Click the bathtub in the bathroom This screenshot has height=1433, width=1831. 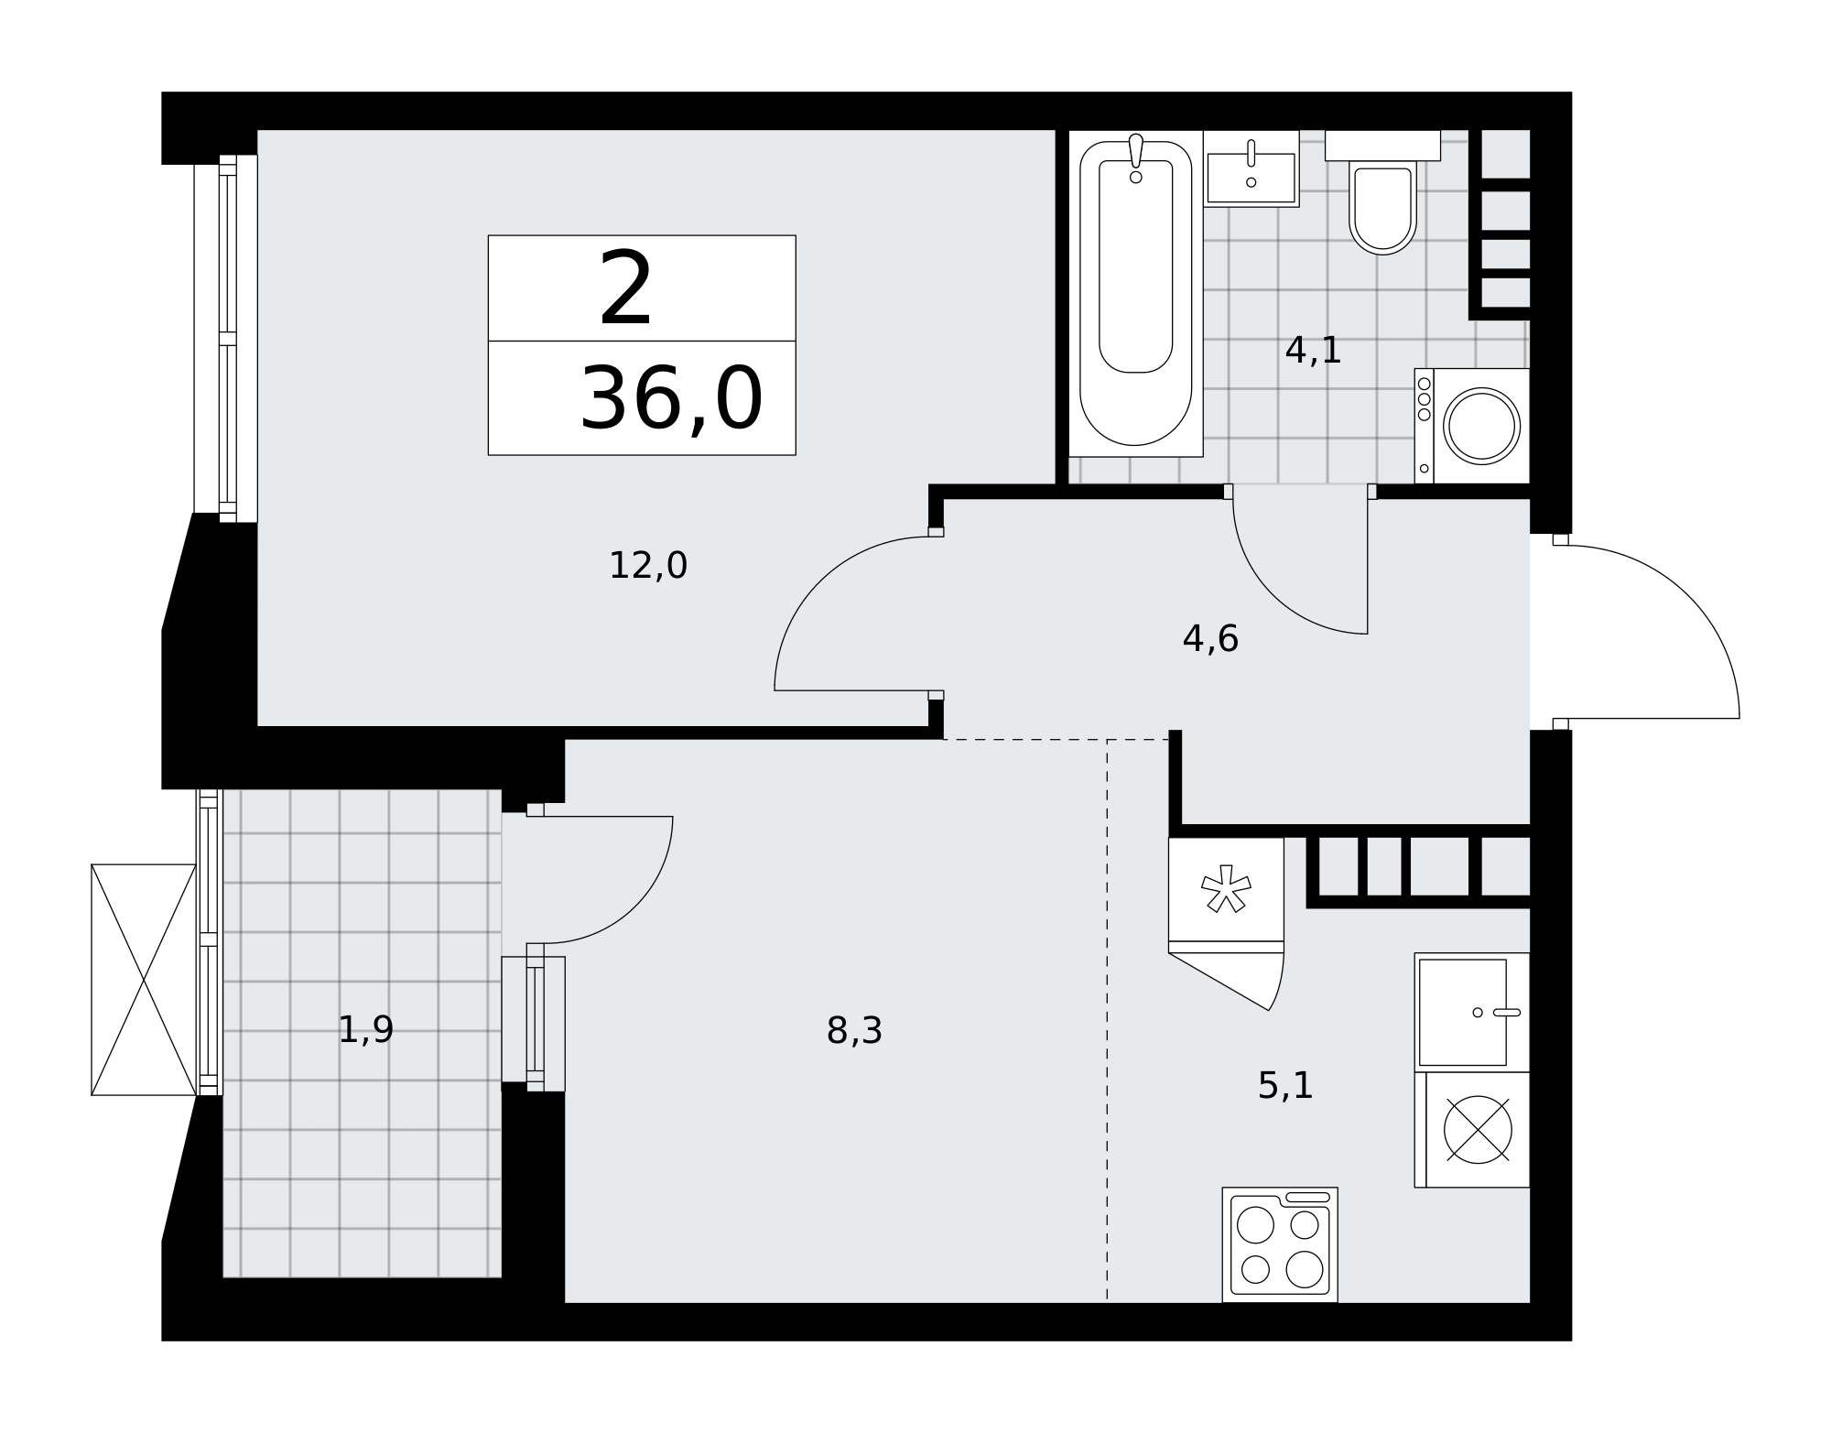1135,293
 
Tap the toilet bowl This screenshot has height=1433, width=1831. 1382,209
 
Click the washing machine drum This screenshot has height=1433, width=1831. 1481,426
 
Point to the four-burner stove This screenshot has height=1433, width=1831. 1280,1244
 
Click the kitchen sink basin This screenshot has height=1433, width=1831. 1462,1013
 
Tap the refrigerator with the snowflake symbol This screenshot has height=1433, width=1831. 1226,895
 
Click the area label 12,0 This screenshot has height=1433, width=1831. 647,566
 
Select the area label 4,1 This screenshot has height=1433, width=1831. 1313,351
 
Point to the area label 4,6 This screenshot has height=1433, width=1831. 1210,639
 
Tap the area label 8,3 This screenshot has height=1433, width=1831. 854,1031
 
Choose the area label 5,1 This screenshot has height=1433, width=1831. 1285,1086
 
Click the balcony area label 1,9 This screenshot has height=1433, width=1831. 365,1030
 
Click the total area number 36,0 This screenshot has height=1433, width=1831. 671,398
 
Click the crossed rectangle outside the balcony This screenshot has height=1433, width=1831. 144,980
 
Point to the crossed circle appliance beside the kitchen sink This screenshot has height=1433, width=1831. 1478,1130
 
